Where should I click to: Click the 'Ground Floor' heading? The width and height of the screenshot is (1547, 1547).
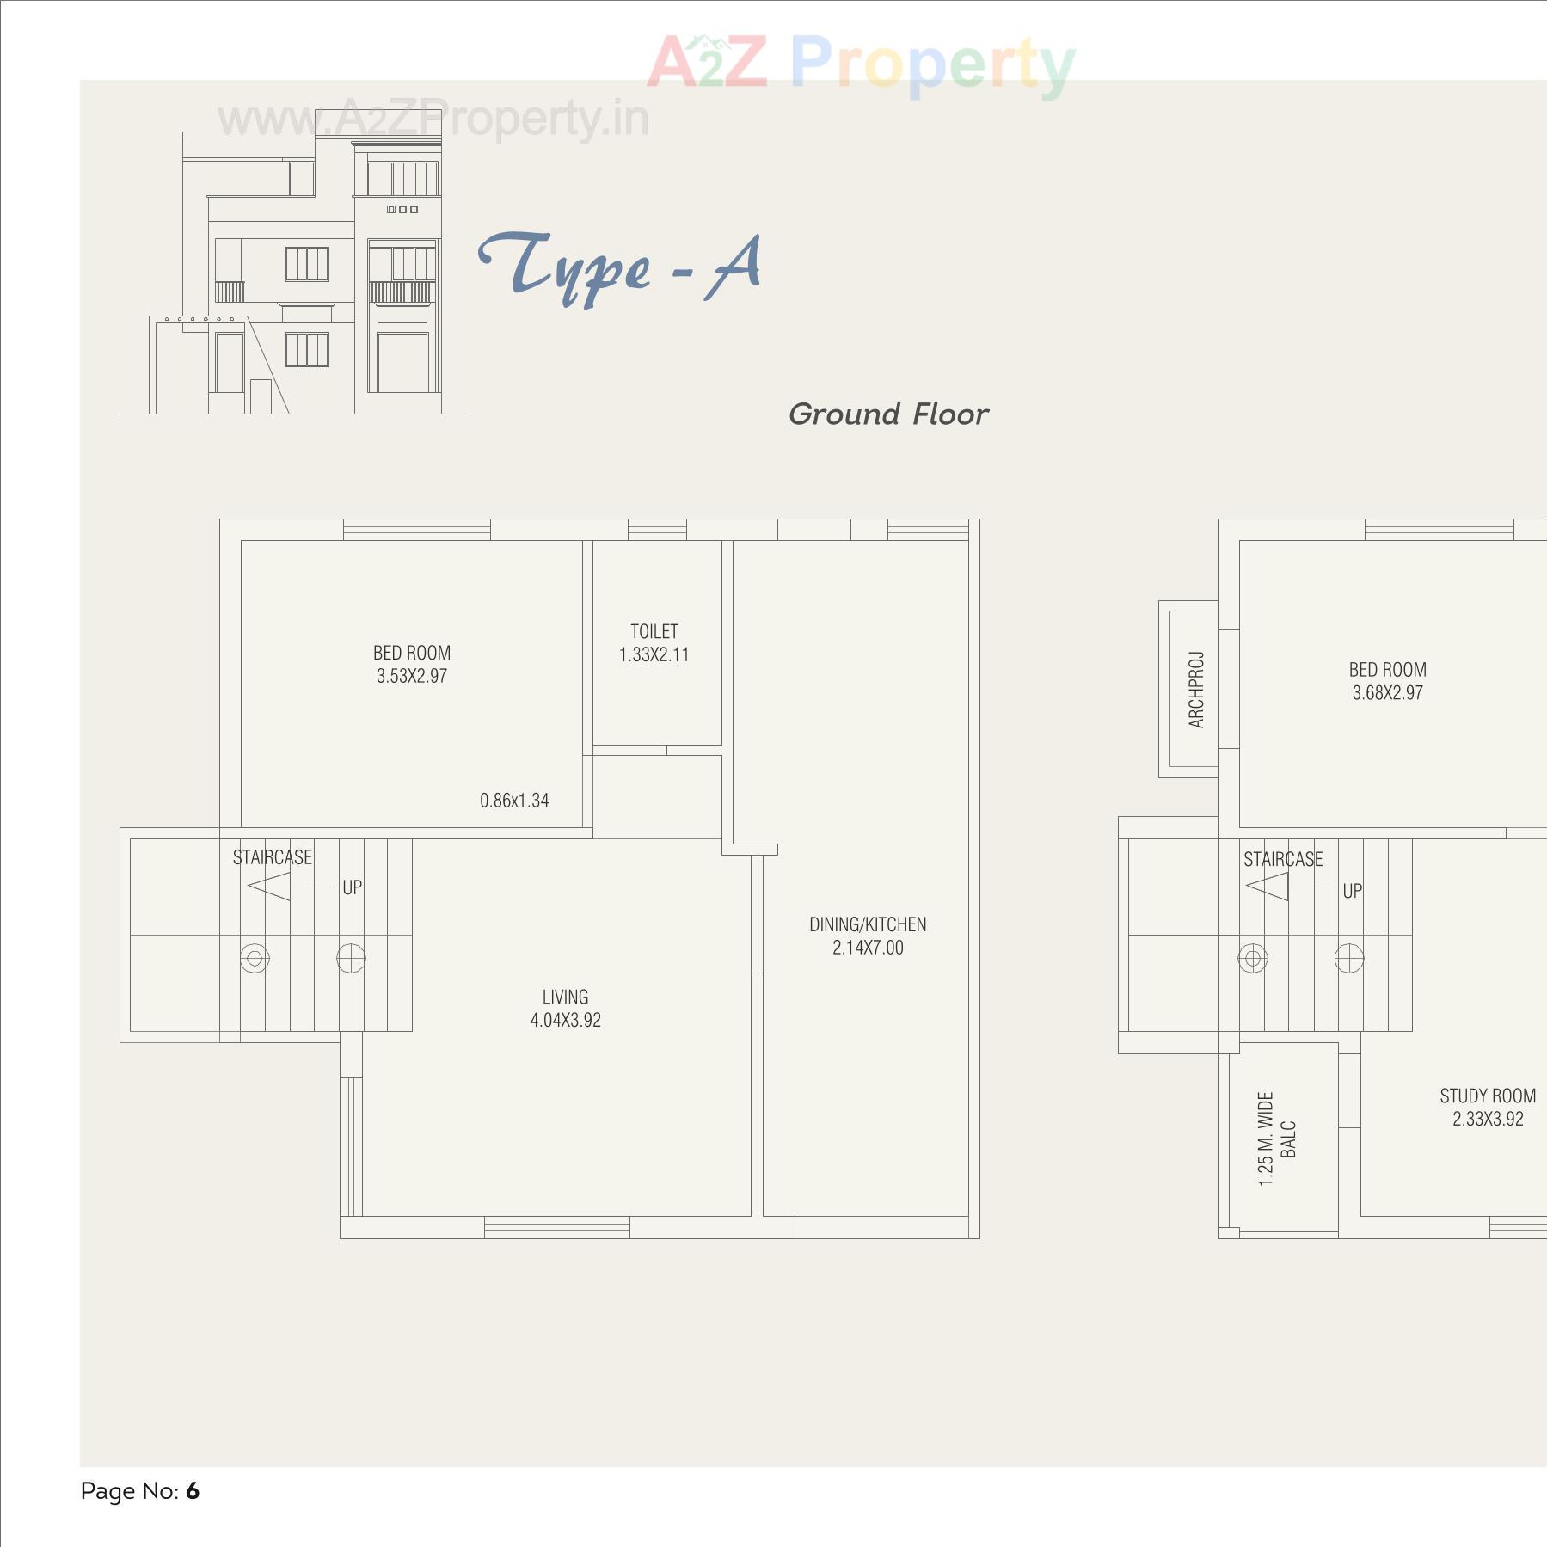click(888, 414)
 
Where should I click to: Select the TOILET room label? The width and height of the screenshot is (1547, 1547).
click(654, 632)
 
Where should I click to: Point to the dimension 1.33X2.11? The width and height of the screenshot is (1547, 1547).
click(654, 655)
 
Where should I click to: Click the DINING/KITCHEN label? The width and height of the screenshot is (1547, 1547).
click(868, 925)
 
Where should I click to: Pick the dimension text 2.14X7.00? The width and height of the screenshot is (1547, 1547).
click(868, 948)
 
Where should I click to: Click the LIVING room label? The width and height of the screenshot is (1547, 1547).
click(565, 998)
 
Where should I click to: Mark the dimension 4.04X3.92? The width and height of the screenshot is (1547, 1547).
click(565, 1021)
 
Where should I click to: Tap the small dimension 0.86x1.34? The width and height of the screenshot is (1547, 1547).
click(514, 801)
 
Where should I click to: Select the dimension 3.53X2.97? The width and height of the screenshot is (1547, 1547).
click(412, 677)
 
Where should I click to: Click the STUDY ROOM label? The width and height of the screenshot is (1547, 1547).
click(1488, 1096)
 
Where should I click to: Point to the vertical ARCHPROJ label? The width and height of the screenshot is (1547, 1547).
click(1196, 690)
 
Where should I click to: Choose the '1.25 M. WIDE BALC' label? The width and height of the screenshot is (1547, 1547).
click(1276, 1139)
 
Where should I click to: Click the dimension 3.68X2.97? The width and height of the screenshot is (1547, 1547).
click(1387, 693)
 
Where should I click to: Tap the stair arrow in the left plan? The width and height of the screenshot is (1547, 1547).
click(270, 887)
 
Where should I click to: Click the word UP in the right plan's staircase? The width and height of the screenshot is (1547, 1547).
click(1353, 892)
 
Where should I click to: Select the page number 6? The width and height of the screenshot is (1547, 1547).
click(193, 1491)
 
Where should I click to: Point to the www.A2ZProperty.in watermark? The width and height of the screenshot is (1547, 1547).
click(433, 120)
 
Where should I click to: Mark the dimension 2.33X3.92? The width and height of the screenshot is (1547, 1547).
click(1488, 1120)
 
